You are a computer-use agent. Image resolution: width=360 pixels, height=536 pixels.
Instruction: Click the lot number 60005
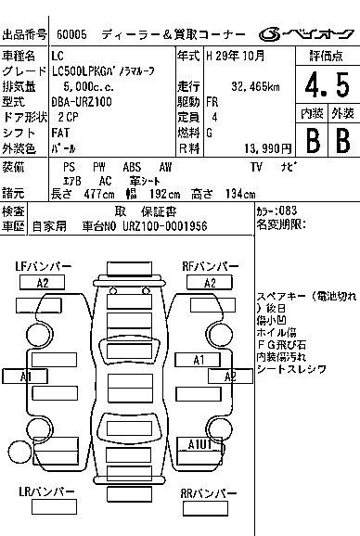[71, 34]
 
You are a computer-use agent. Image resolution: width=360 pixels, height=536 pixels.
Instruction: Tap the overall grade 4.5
[328, 84]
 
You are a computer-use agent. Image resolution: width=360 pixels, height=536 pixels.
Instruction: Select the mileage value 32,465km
[255, 86]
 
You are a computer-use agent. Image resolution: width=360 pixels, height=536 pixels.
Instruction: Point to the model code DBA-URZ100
[82, 102]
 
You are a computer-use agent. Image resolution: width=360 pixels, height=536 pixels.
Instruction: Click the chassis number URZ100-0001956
[165, 226]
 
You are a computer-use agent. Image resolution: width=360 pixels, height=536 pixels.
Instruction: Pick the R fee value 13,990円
[268, 148]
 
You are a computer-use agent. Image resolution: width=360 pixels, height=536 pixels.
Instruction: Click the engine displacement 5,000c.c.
[88, 87]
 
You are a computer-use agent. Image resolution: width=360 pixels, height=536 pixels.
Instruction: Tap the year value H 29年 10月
[236, 56]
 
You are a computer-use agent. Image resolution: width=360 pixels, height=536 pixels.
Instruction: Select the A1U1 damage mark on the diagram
[199, 444]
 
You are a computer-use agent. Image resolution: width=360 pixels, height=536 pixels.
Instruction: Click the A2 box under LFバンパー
[43, 283]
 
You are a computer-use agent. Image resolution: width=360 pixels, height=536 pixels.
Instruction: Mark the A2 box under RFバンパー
[210, 283]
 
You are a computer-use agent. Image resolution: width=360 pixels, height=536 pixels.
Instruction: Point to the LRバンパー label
[46, 491]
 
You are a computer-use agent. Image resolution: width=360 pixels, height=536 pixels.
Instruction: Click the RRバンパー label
[209, 493]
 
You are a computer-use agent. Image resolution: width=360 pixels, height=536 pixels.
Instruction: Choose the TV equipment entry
[256, 167]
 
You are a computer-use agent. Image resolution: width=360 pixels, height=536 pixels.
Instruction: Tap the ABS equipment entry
[132, 167]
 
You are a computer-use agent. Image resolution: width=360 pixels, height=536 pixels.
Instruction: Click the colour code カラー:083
[276, 211]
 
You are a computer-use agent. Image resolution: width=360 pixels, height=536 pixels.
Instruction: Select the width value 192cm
[164, 194]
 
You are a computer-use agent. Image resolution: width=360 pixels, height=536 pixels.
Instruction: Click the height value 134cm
[240, 194]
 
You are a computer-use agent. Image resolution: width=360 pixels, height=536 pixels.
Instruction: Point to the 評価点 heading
[327, 56]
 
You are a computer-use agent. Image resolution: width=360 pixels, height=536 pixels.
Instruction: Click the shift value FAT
[60, 133]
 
